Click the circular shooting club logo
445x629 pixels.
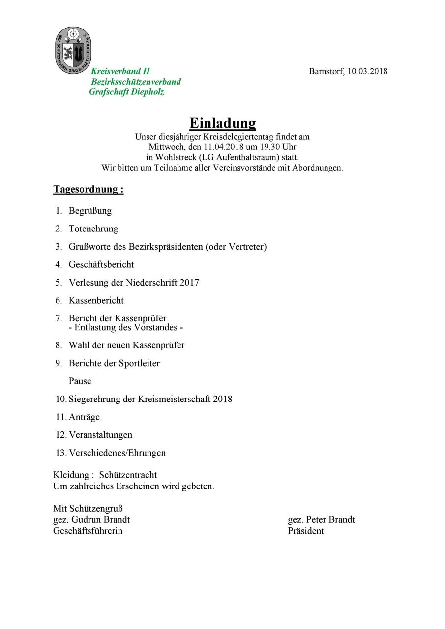click(73, 51)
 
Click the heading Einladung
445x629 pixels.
click(223, 123)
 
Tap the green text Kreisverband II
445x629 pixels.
click(120, 71)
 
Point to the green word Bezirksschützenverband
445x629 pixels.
click(136, 82)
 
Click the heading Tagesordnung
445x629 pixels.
click(88, 189)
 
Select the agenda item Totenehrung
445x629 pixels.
click(93, 229)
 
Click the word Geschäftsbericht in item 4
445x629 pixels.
click(101, 264)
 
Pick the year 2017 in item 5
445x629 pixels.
click(189, 283)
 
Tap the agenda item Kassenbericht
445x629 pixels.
click(96, 300)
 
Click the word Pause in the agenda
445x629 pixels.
click(80, 381)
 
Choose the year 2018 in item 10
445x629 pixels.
click(222, 399)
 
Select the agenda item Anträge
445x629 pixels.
click(84, 417)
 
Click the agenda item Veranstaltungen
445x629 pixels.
click(100, 435)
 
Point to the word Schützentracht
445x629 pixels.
click(128, 475)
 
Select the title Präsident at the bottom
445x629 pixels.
click(306, 531)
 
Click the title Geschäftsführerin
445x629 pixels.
click(88, 531)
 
